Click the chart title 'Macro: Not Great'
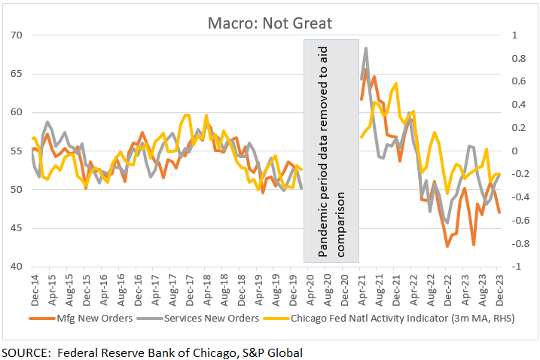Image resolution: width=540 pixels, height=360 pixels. point(270,23)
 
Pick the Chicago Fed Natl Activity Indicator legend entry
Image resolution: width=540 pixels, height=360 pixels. point(389,319)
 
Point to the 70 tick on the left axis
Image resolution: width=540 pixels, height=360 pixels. point(17,35)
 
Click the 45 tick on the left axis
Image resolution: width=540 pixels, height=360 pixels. point(17,228)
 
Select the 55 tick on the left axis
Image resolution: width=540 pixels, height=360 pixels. point(17,151)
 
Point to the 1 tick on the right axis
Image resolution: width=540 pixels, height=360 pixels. point(514,35)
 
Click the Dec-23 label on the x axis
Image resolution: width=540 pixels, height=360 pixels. point(499,288)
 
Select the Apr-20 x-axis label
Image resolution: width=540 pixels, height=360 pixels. point(310,288)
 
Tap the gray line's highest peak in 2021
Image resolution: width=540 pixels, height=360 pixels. point(366,48)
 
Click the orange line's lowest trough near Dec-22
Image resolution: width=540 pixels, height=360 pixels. point(447,246)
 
